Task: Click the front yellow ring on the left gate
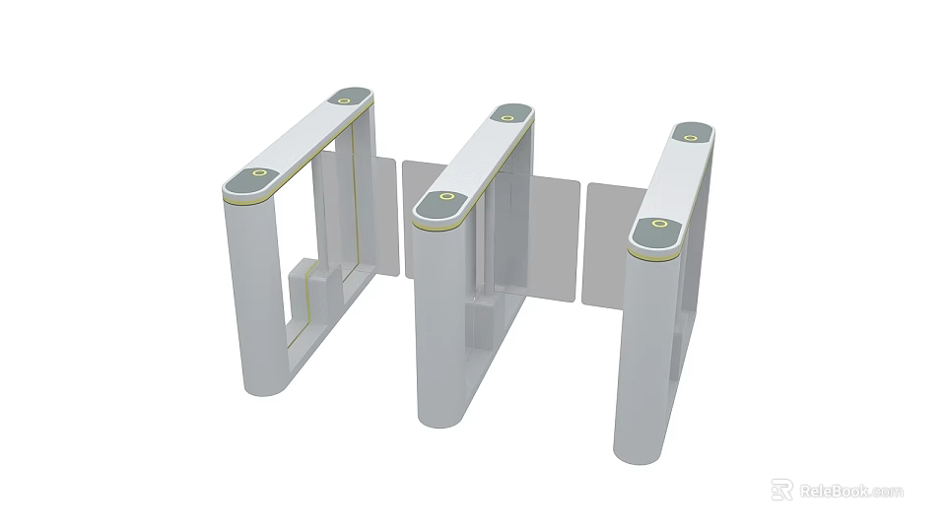259,173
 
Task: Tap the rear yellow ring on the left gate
346,98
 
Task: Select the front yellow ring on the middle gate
446,197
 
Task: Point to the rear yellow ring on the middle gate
507,117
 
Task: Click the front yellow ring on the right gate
658,224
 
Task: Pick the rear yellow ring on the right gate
692,135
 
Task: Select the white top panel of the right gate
677,176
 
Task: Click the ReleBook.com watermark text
850,491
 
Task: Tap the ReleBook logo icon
781,490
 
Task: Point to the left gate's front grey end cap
248,181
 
